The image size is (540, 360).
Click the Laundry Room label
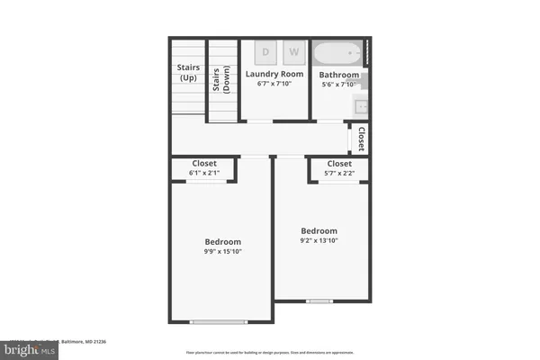click(274, 73)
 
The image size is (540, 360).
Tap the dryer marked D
click(265, 51)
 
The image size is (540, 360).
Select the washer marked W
click(293, 51)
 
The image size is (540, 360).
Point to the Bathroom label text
click(339, 75)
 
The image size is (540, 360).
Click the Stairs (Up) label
click(187, 72)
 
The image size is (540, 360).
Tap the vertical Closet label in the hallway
click(361, 139)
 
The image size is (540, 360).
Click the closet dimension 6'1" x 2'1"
click(203, 173)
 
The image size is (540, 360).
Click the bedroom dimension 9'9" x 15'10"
click(222, 251)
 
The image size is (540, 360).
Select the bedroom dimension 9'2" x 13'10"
click(319, 240)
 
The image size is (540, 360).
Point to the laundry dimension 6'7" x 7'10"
click(274, 84)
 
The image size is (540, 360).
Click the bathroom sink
click(361, 105)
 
